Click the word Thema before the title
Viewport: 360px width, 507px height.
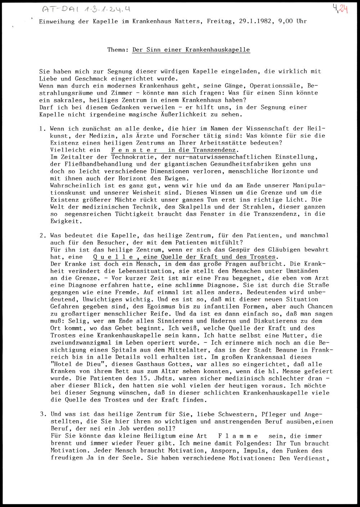(117, 50)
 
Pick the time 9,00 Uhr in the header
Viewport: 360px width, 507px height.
(293, 21)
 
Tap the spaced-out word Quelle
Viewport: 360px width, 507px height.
(116, 257)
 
